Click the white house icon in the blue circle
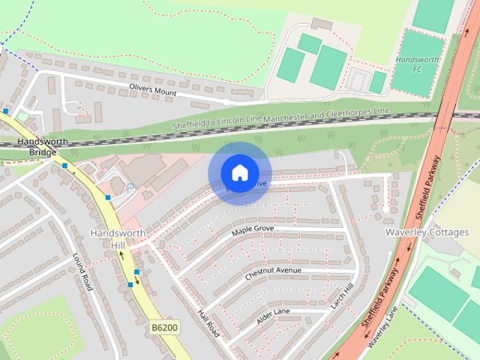coord(238,173)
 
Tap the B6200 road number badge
coord(165,328)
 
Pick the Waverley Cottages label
coord(427,232)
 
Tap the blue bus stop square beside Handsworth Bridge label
coord(65,165)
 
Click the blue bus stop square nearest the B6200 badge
coord(130,284)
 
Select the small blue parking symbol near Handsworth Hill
coord(130,187)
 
